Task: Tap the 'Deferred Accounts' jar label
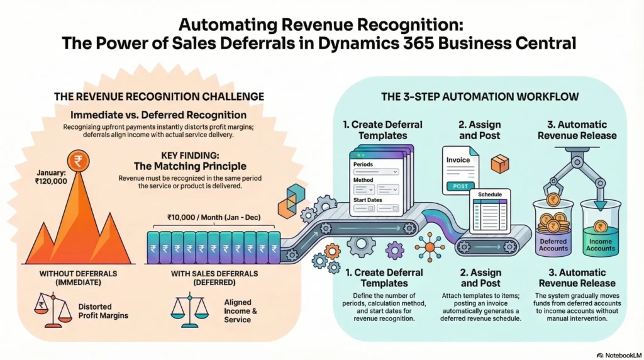(553, 245)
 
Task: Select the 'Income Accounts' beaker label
(600, 245)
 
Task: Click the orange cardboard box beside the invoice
(500, 164)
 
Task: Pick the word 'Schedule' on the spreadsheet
(490, 195)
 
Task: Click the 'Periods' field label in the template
(363, 164)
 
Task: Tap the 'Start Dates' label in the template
(367, 201)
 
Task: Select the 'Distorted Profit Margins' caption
(104, 311)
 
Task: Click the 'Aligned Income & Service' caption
(237, 311)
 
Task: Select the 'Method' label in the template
(363, 180)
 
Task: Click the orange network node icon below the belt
(430, 247)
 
